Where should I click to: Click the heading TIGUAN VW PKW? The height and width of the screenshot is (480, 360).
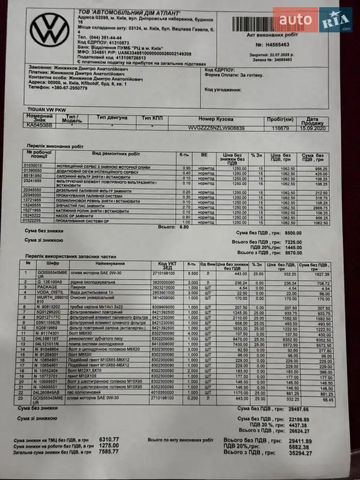coord(44,109)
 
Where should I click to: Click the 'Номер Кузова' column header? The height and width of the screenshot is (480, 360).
coord(214,119)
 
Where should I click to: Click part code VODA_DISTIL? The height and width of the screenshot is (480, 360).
coord(49,292)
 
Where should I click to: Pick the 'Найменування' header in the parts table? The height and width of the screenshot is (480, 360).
coord(112,264)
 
